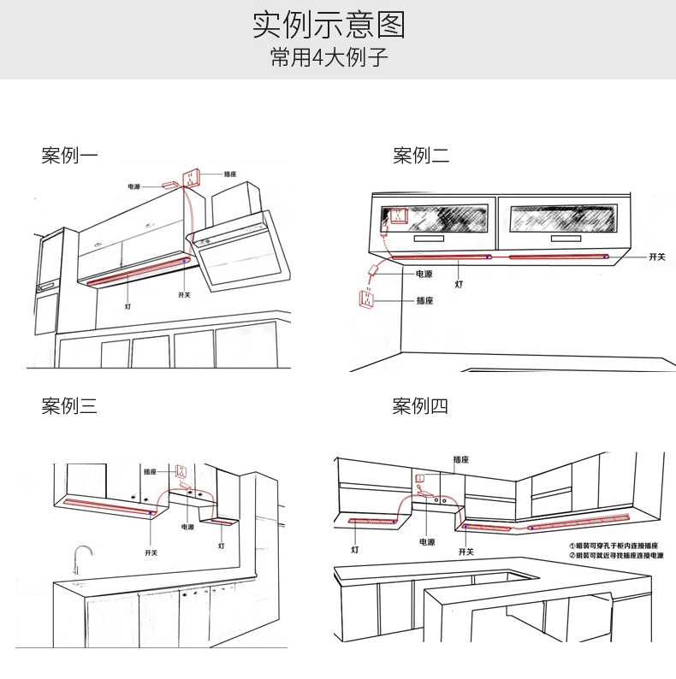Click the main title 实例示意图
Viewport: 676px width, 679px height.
(329, 25)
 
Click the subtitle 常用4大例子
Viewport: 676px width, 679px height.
(329, 58)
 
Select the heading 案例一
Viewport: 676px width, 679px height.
(69, 156)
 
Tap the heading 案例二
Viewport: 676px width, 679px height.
(421, 156)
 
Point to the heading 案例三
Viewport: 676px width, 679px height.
(69, 405)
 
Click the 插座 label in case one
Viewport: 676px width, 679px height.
(230, 174)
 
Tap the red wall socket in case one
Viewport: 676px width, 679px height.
(189, 178)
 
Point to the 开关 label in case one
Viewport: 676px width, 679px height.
(184, 295)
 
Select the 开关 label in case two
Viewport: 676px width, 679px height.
(656, 257)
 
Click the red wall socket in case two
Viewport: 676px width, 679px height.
(365, 301)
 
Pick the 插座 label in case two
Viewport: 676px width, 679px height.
(424, 301)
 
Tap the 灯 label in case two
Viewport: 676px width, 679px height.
(459, 284)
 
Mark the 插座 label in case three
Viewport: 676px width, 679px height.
(151, 471)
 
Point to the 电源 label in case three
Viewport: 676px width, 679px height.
(187, 528)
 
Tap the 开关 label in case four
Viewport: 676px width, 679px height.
(465, 552)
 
